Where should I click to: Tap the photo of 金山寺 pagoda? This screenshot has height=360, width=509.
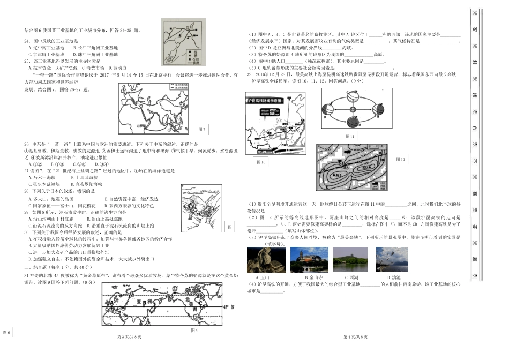pyautogui.click(x=306, y=260)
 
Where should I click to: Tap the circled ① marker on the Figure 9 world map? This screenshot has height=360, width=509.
pyautogui.click(x=175, y=289)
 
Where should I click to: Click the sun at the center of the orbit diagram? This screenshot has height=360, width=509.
pyautogui.click(x=353, y=110)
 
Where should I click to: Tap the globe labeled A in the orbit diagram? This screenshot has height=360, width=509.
pyautogui.click(x=353, y=123)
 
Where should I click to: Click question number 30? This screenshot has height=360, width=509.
pyautogui.click(x=26, y=232)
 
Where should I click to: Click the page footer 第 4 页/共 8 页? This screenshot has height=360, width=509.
pyautogui.click(x=353, y=336)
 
